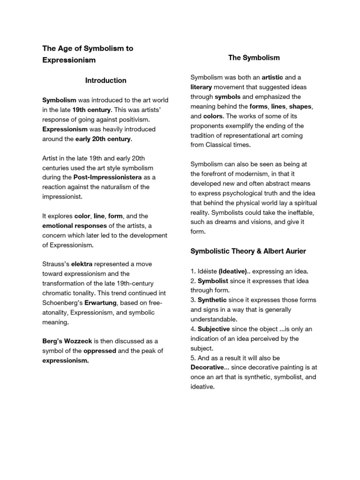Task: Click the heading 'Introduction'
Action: pos(105,81)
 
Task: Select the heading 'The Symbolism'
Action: pos(254,58)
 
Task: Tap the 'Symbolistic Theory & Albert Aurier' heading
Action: pos(248,251)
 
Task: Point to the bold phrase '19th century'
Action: pos(91,110)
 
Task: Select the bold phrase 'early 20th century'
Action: pos(103,139)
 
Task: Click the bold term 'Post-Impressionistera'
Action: pos(112,177)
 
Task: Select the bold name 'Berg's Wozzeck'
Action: pos(65,341)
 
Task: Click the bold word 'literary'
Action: pos(201,87)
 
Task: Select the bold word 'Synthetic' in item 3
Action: pos(212,300)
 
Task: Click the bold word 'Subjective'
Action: pos(214,329)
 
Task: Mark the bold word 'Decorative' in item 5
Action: pos(207,367)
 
